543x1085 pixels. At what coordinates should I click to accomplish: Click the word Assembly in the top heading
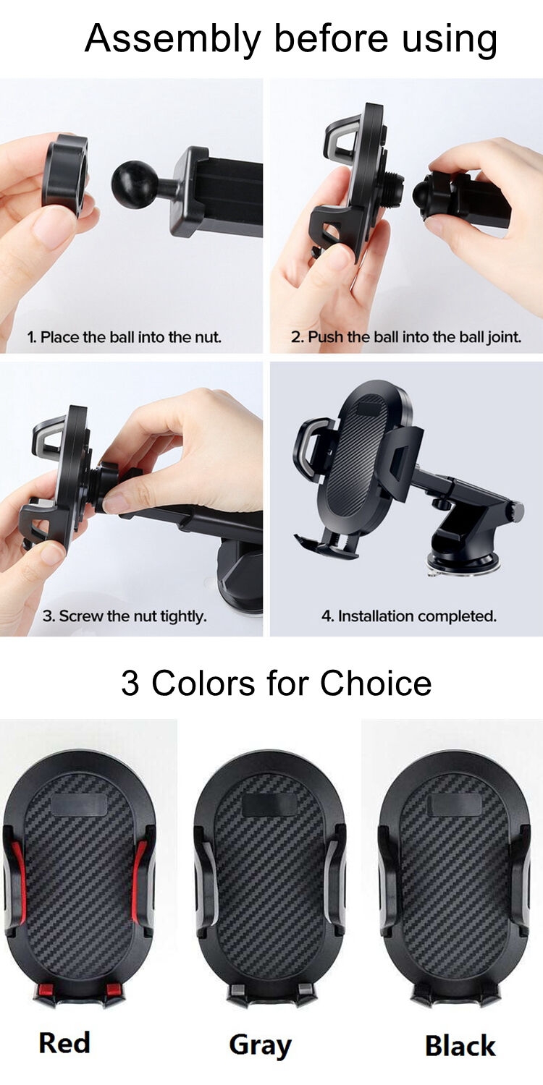(x=172, y=39)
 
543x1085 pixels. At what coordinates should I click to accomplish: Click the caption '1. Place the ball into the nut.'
(x=125, y=337)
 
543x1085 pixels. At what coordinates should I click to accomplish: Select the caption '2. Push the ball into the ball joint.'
(x=406, y=337)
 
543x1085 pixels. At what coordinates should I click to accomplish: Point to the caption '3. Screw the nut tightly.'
(x=125, y=616)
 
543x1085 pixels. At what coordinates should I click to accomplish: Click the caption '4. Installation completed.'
(x=408, y=616)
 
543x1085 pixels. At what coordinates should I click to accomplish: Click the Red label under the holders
(x=64, y=1042)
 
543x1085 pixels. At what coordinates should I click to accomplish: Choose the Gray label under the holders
(x=260, y=1045)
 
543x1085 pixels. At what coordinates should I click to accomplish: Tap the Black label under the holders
(x=460, y=1046)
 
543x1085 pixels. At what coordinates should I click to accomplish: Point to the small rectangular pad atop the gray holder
(x=269, y=804)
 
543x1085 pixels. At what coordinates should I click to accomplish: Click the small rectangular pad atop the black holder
(x=455, y=804)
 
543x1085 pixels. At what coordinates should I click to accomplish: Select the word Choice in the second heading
(x=376, y=683)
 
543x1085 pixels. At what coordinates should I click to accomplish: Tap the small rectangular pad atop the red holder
(x=81, y=804)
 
